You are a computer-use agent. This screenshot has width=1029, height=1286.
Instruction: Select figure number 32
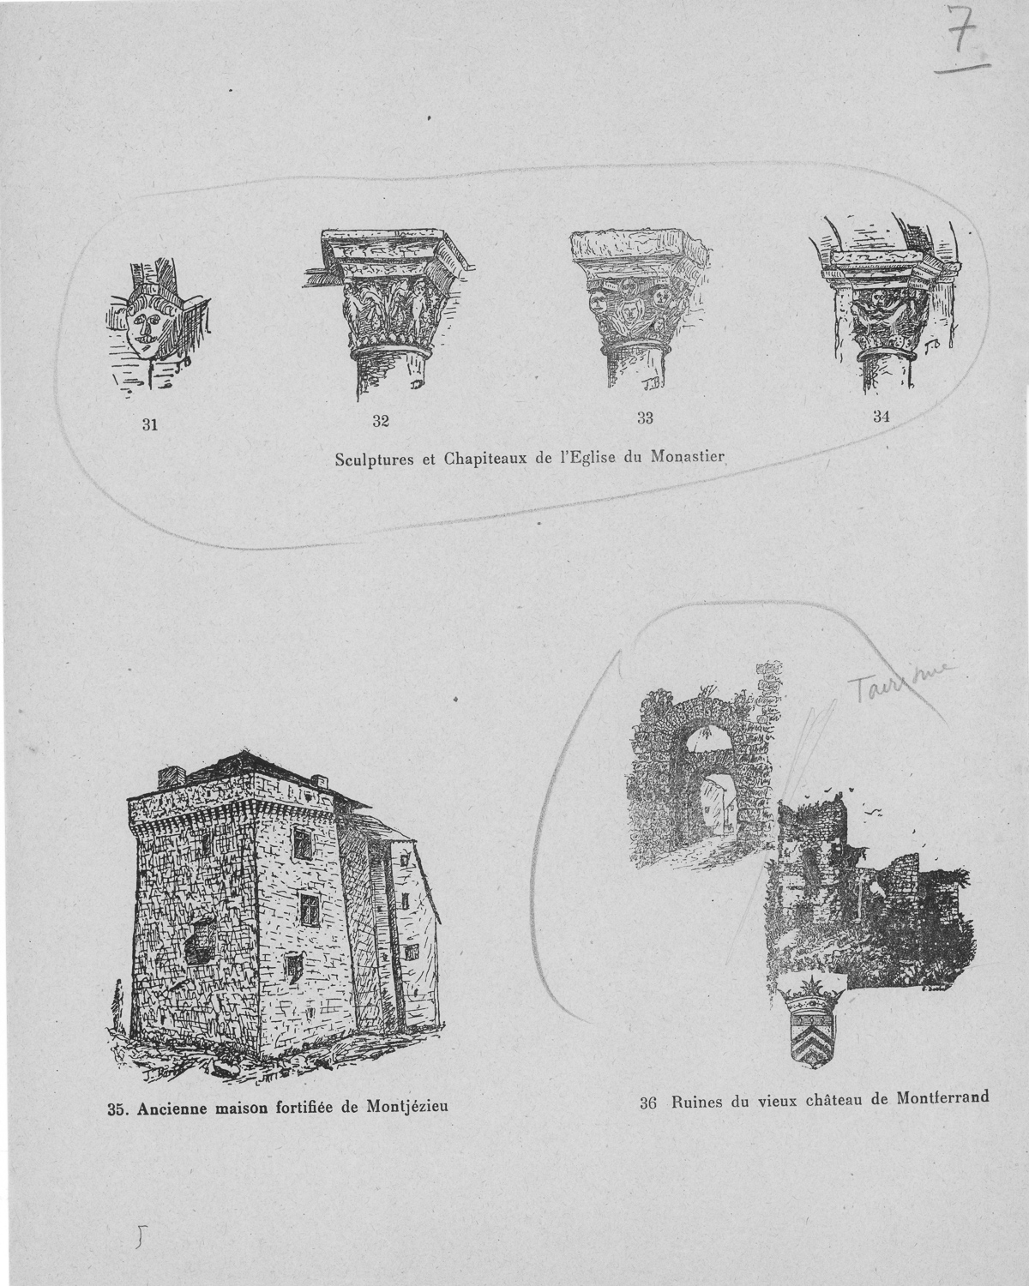[x=381, y=421]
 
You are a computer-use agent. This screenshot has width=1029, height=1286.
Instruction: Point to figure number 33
[x=646, y=419]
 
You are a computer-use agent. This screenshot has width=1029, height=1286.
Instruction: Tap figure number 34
[x=881, y=417]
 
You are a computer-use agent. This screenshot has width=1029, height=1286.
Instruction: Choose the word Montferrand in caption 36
[x=942, y=1097]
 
